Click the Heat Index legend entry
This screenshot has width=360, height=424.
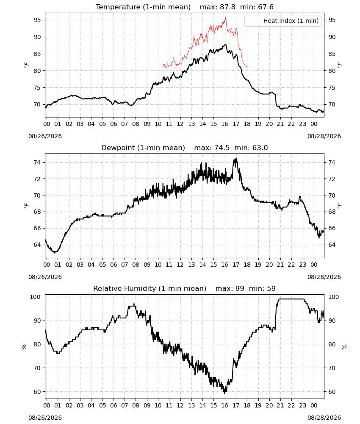click(283, 21)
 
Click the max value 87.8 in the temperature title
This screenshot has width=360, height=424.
click(227, 7)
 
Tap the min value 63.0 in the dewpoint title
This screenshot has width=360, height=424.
click(260, 148)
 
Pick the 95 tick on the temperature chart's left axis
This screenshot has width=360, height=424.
click(37, 20)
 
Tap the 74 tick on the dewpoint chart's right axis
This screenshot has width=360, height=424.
click(332, 162)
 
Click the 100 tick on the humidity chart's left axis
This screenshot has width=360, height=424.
click(36, 297)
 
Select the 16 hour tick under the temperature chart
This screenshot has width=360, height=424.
click(225, 124)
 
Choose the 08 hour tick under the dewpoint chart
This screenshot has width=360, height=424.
click(136, 265)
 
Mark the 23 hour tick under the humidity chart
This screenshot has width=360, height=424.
click(303, 405)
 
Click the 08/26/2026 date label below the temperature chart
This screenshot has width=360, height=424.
click(45, 136)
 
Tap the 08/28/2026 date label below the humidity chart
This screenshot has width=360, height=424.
click(324, 418)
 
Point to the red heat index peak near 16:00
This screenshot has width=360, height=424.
click(225, 18)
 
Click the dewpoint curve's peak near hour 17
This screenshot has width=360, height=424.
click(236, 159)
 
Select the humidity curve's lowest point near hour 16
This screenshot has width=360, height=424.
click(224, 393)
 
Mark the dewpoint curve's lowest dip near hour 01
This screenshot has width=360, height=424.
click(55, 253)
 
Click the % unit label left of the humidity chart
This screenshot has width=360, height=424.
click(24, 347)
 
